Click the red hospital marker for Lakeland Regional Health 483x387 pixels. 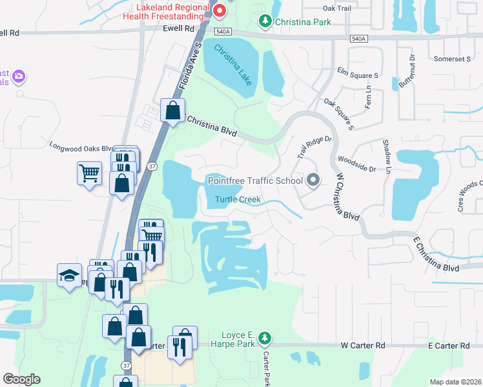click(219, 10)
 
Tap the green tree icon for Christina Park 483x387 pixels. click(265, 21)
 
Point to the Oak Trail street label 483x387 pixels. click(336, 8)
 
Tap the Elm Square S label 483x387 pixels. click(358, 75)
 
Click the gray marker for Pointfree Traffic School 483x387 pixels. click(313, 180)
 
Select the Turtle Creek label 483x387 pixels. click(238, 199)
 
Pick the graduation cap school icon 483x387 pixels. click(69, 275)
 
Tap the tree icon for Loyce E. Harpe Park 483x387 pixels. click(264, 338)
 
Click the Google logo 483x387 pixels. click(21, 379)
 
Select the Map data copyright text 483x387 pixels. click(455, 382)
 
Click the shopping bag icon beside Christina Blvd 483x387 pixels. click(173, 110)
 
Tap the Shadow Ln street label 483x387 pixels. click(387, 157)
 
